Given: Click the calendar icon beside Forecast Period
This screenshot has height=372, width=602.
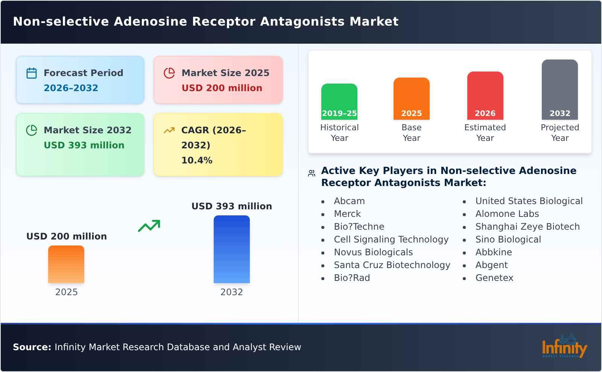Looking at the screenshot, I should [32, 73].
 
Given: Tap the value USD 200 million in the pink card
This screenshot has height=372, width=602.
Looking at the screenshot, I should [222, 88].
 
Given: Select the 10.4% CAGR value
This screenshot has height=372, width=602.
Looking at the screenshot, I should [197, 160].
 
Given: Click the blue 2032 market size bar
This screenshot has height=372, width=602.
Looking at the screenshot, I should [231, 249].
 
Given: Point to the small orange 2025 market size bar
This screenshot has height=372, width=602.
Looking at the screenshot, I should [66, 264].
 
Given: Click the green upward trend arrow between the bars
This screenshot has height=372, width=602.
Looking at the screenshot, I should [149, 226].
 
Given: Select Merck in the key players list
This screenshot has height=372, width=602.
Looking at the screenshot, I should [347, 214].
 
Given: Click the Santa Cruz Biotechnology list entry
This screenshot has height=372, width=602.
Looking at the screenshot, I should [392, 265].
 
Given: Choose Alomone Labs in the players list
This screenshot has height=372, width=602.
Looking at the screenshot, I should [507, 214].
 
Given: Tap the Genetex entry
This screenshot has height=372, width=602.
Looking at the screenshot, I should [494, 278].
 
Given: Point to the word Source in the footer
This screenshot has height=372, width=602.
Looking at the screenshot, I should [32, 347].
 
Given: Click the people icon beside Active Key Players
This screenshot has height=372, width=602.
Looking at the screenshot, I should [312, 173].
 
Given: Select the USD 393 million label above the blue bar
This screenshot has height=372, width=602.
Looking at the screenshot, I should [231, 206].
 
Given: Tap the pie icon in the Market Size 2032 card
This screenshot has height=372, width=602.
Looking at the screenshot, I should [32, 130].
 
